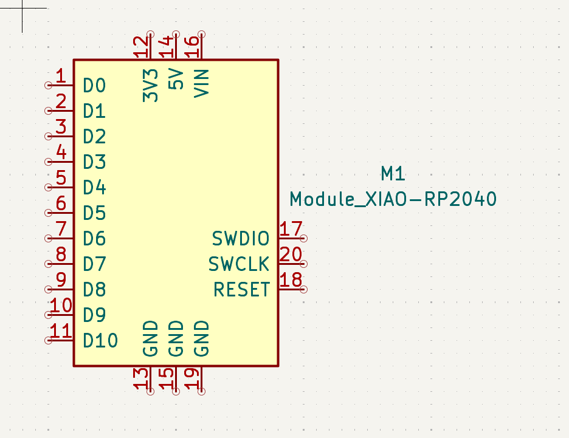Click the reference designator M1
(393, 174)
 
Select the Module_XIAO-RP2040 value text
(393, 199)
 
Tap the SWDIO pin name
(241, 239)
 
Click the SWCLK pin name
(239, 264)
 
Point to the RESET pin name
(241, 290)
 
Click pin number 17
(291, 229)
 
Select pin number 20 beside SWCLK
(291, 255)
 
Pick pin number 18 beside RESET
(291, 280)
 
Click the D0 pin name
(94, 86)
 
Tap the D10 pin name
(100, 340)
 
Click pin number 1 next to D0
(60, 77)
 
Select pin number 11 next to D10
(60, 331)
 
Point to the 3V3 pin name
(150, 85)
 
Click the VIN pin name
(201, 83)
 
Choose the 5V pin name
(176, 80)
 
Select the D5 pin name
(94, 213)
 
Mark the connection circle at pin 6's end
(49, 213)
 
